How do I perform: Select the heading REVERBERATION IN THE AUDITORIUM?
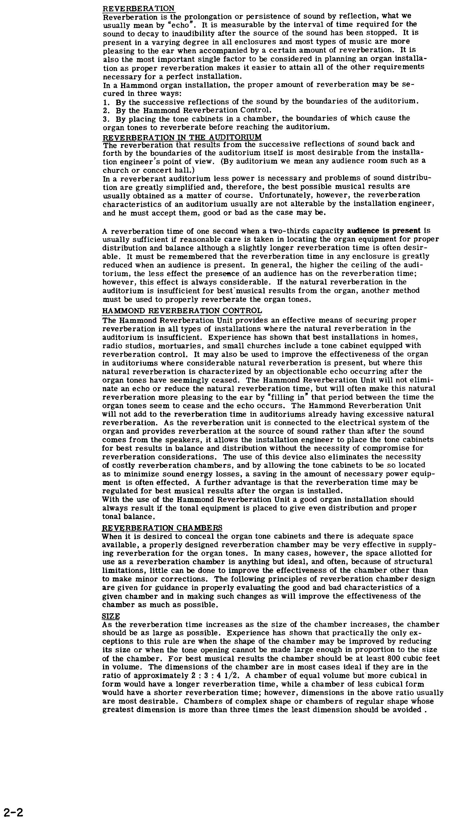[x=182, y=137]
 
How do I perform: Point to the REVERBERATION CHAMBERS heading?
[x=162, y=528]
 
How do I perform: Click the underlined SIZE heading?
[x=111, y=616]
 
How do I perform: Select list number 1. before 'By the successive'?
[x=106, y=102]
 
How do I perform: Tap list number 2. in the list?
[x=106, y=110]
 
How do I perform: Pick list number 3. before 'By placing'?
[x=106, y=119]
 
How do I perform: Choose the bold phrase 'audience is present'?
[x=384, y=231]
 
